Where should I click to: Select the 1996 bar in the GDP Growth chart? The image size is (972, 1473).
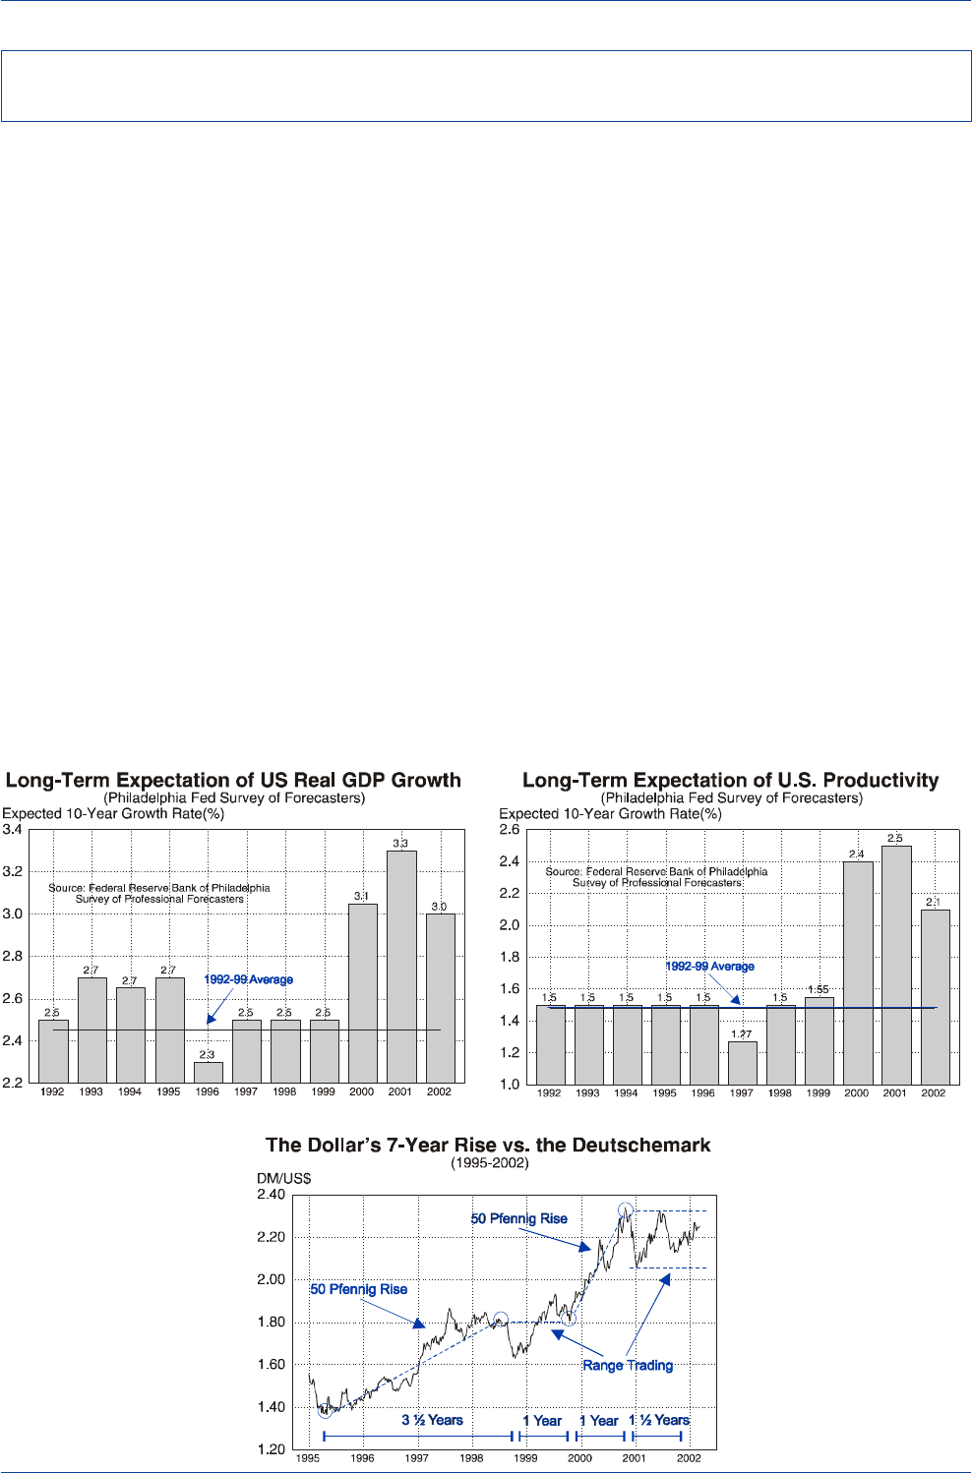point(208,1073)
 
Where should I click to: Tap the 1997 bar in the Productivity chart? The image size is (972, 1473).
point(743,1063)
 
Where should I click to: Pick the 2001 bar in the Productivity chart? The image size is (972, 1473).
point(896,965)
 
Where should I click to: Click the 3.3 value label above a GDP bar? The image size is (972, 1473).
point(400,844)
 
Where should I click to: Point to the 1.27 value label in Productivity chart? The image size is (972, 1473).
point(742,1034)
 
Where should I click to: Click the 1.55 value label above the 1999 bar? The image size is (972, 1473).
point(819,990)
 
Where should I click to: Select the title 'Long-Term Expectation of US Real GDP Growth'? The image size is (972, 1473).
point(233,780)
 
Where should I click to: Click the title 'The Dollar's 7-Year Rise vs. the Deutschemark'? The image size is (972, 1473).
point(488,1145)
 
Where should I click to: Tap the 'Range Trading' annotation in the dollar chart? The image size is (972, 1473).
point(628,1365)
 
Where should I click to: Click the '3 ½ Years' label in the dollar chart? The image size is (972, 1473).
point(432,1420)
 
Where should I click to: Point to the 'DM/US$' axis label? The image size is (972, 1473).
point(276,1178)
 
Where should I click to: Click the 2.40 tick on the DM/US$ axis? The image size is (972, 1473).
point(271,1195)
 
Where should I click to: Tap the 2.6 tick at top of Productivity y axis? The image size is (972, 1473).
point(510,830)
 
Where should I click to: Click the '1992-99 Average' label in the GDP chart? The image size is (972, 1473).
point(248,979)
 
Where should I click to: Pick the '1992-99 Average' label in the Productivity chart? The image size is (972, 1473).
point(709,967)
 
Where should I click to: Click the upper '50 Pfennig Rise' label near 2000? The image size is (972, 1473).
point(518,1218)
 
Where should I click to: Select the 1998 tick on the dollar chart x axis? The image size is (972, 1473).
point(471,1458)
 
